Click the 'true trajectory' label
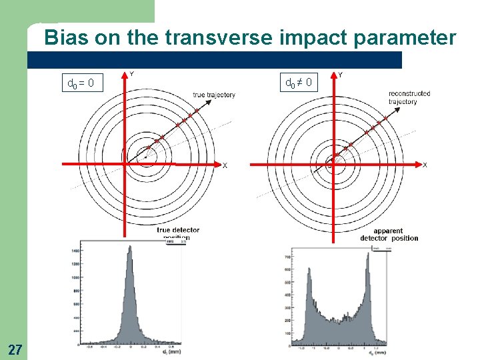point(213,95)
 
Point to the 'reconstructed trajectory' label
point(409,97)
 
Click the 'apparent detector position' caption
point(389,235)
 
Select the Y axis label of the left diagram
point(131,74)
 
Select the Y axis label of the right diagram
point(341,75)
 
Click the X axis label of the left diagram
point(225,165)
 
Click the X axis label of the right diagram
point(425,165)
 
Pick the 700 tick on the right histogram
point(286,257)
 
